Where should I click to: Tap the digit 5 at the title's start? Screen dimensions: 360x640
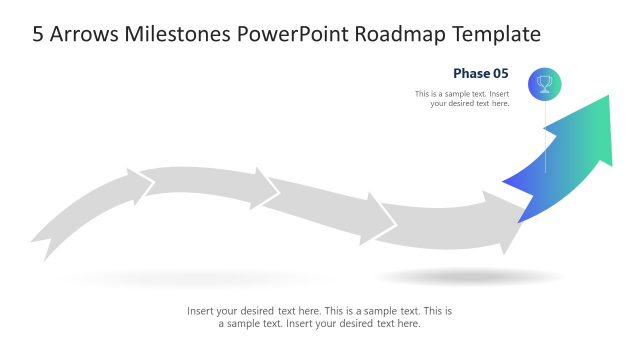39,34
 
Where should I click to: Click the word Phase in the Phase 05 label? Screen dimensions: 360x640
470,73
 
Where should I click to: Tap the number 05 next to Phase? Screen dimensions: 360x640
500,73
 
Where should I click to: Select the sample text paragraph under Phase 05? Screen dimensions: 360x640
462,98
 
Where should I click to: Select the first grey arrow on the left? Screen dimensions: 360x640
90,210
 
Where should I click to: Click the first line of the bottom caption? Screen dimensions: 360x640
319,311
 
